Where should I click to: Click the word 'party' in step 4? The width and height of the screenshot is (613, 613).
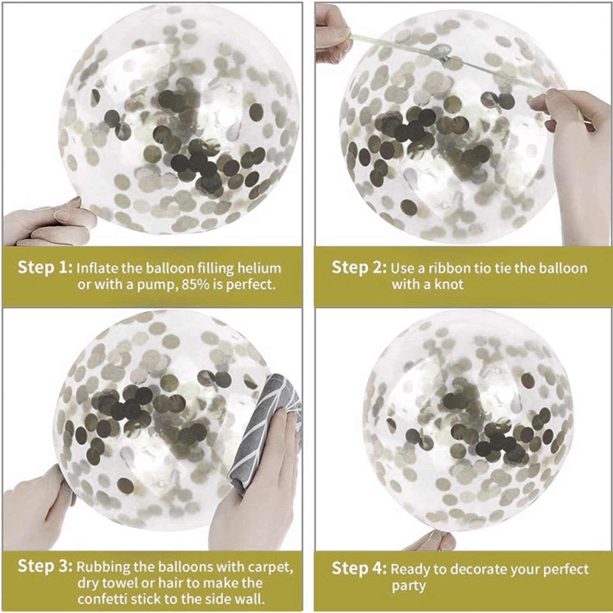click(x=409, y=586)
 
